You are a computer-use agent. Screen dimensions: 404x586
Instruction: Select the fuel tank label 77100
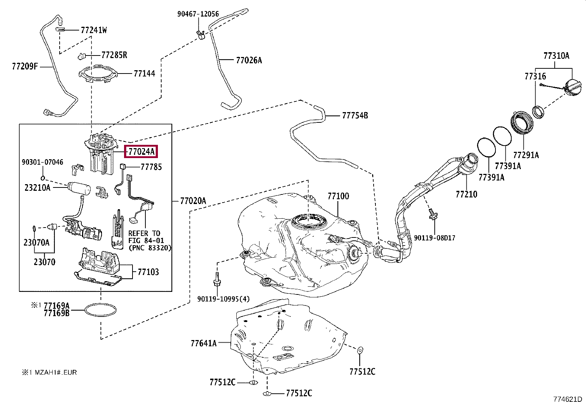pyautogui.click(x=338, y=196)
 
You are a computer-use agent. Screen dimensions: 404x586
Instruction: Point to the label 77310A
pyautogui.click(x=556, y=56)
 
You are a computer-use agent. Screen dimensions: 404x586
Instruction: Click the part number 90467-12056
pyautogui.click(x=198, y=14)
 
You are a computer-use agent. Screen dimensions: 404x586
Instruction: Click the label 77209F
pyautogui.click(x=25, y=67)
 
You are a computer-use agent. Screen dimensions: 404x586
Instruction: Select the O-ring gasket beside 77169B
pyautogui.click(x=100, y=310)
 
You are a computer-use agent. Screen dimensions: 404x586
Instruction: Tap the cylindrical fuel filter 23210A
pyautogui.click(x=79, y=188)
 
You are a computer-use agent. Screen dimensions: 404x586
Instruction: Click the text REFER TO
pyautogui.click(x=144, y=233)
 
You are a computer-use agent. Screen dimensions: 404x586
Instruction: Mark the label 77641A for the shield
pyautogui.click(x=204, y=343)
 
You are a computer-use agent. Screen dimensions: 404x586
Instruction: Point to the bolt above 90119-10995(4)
pyautogui.click(x=217, y=279)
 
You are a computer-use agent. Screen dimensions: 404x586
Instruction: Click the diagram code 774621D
pyautogui.click(x=568, y=399)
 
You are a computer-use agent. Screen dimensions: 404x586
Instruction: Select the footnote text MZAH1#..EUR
pyautogui.click(x=55, y=372)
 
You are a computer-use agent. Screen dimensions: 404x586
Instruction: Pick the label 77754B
pyautogui.click(x=355, y=116)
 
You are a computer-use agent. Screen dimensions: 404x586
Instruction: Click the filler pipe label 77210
pyautogui.click(x=466, y=194)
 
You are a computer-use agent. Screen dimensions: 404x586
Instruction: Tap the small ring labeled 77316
pyautogui.click(x=539, y=112)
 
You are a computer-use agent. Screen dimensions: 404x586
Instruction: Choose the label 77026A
pyautogui.click(x=249, y=60)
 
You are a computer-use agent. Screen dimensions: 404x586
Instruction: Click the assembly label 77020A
pyautogui.click(x=193, y=201)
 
